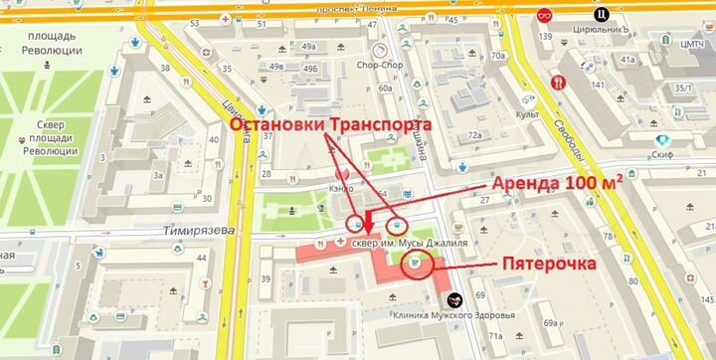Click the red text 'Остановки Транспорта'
(331, 126)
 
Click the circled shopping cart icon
(414, 264)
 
